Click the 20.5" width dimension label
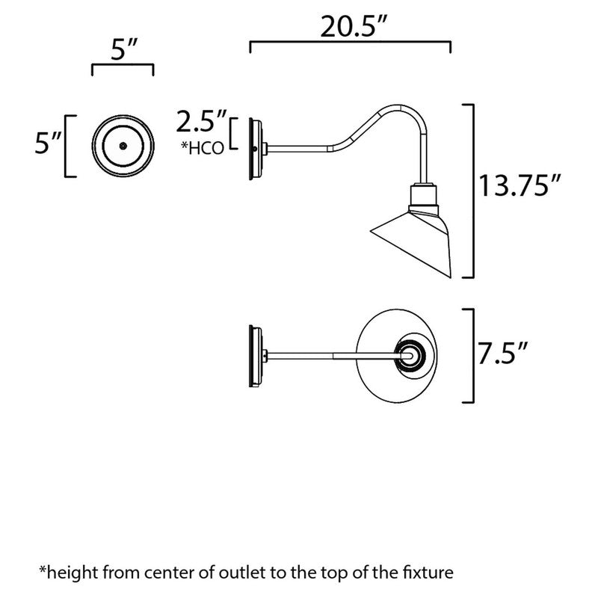point(350,28)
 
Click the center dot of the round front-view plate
point(123,146)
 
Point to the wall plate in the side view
point(255,147)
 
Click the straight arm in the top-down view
point(329,354)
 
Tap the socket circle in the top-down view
point(413,354)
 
